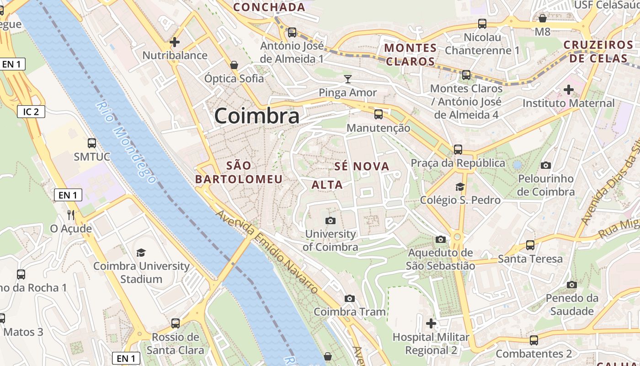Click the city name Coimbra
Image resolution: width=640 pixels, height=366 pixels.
(x=257, y=116)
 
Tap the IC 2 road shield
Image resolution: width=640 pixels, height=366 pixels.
(x=31, y=111)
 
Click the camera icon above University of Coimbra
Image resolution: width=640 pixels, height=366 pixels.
(x=330, y=221)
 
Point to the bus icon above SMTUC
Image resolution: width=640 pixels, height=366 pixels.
(x=92, y=143)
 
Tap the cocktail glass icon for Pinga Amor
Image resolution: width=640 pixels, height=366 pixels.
(x=348, y=79)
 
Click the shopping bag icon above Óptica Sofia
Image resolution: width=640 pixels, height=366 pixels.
(x=234, y=65)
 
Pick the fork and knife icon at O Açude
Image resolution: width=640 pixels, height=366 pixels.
(x=71, y=215)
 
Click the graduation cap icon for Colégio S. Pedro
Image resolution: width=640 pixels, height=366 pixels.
(x=460, y=187)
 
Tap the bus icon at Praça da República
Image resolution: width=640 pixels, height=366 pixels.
(x=458, y=150)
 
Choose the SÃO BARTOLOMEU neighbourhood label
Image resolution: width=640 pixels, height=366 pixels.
(x=239, y=172)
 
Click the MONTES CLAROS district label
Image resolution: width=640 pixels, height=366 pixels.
(x=410, y=54)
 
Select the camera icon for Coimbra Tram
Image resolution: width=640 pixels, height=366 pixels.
(x=350, y=299)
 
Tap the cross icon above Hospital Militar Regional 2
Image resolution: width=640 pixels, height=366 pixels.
(x=431, y=324)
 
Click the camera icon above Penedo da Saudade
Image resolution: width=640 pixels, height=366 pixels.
(x=571, y=285)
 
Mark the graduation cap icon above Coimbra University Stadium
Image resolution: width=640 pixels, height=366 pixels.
(x=141, y=253)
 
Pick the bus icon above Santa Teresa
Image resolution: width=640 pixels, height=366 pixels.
(x=530, y=245)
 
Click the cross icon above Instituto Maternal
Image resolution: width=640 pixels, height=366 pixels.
(x=569, y=90)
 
